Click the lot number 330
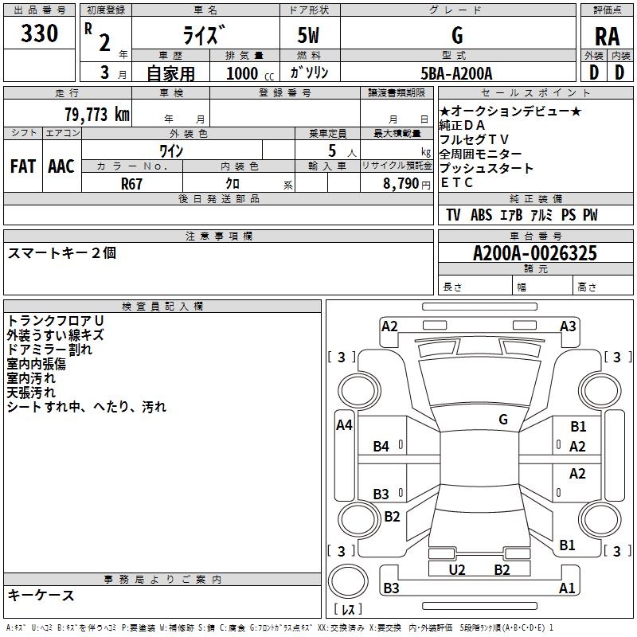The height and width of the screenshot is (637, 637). [40, 34]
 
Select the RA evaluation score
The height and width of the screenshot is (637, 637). [607, 36]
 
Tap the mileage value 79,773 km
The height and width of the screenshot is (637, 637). [96, 114]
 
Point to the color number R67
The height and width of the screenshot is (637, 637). [132, 183]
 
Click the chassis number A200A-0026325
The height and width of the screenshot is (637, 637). [534, 254]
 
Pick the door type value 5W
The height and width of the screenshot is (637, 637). [311, 36]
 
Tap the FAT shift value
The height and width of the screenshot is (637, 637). [22, 166]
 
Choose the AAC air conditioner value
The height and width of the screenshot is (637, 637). [61, 166]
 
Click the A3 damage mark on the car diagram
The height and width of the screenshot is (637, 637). [568, 326]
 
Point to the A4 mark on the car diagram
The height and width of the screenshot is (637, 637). [344, 425]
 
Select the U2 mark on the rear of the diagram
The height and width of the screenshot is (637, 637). [456, 569]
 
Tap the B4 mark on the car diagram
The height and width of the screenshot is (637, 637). [381, 447]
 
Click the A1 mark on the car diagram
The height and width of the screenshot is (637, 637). [567, 588]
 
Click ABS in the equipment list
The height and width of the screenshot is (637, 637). [481, 215]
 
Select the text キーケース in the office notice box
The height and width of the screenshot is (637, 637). [41, 595]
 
